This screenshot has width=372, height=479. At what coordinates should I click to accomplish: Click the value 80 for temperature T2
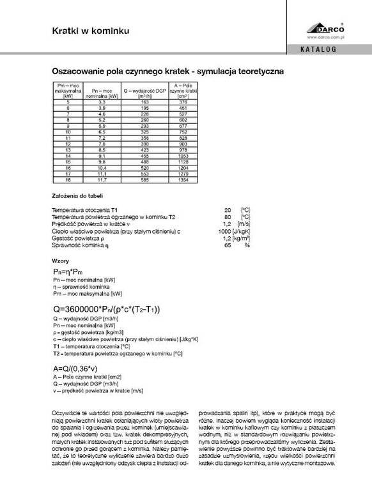(228, 217)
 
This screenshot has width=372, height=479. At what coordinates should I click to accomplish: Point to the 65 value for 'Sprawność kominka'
(228, 244)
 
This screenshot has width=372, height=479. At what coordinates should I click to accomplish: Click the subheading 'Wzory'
(59, 261)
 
